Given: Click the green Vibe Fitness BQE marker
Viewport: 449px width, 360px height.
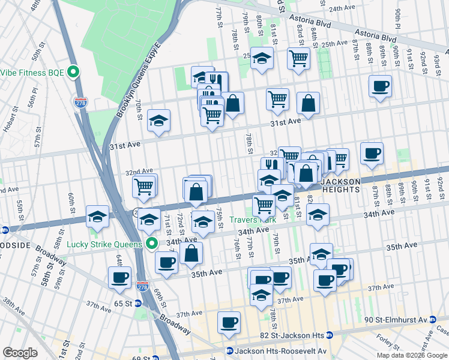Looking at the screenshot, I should (74, 73).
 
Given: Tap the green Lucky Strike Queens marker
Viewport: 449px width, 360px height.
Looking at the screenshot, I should (152, 244).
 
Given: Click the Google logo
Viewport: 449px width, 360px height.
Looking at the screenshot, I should (20, 353).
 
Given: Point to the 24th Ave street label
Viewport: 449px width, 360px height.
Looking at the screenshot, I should (343, 8).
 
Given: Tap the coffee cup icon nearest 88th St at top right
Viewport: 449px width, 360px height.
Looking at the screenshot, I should (379, 86).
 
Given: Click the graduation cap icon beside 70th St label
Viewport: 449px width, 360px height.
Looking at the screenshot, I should (158, 120).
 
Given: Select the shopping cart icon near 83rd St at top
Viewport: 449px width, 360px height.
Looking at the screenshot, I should (298, 59).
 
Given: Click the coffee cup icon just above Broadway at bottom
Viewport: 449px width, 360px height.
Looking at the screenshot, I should (229, 322).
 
